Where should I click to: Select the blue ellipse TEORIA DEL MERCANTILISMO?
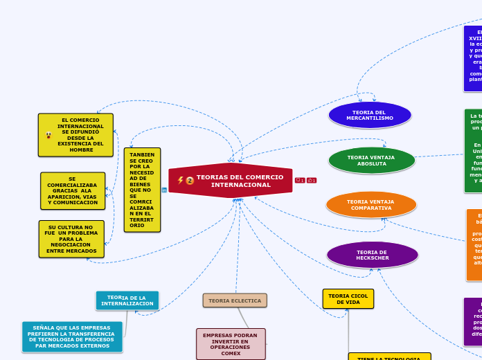pos(370,115)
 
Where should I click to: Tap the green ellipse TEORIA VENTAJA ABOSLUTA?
pos(371,161)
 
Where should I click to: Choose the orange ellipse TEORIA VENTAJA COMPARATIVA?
pos(371,205)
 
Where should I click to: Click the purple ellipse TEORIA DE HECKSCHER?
pos(373,255)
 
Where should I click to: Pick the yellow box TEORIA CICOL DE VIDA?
pos(348,299)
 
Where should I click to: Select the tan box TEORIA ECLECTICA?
pos(235,300)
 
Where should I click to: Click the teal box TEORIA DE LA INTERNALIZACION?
pos(127,300)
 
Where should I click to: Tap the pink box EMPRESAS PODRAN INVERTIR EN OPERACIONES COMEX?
pos(231,344)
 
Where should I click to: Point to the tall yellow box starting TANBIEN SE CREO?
pos(142,190)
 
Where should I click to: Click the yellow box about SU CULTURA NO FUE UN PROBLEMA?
pos(71,239)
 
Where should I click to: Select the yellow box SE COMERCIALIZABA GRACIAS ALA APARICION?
pos(73,191)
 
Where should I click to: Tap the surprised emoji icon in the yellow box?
pos(48,135)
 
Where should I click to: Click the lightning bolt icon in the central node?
pos(181,180)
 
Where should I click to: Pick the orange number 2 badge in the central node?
pos(190,181)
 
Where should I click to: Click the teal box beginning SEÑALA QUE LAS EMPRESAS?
pos(72,336)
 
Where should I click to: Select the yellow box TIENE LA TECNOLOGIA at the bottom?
pos(389,357)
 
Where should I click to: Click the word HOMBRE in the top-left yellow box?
pos(81,150)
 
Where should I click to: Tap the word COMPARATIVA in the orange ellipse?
pos(371,208)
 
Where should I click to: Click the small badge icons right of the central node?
pos(305,181)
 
